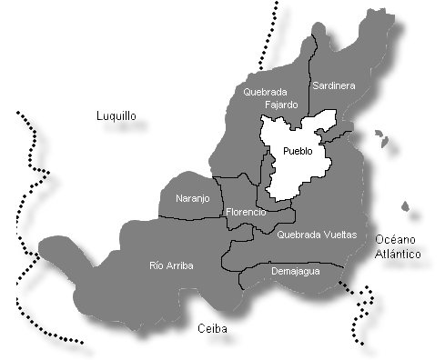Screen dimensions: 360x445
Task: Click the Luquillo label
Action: pyautogui.click(x=116, y=116)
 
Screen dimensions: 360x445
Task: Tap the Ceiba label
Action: pyautogui.click(x=211, y=329)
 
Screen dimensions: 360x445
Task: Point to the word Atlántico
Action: pyautogui.click(x=398, y=254)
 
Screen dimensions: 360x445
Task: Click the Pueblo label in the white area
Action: pyautogui.click(x=298, y=151)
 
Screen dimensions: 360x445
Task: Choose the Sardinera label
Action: pyautogui.click(x=333, y=85)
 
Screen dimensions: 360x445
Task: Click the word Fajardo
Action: pyautogui.click(x=280, y=105)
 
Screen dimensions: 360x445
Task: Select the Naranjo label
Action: pyautogui.click(x=192, y=198)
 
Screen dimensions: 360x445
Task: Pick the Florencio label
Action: pyautogui.click(x=246, y=212)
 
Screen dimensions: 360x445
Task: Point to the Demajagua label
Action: pyautogui.click(x=296, y=270)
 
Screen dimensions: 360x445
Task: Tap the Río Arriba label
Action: pyautogui.click(x=171, y=265)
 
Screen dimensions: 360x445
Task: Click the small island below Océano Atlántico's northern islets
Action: pyautogui.click(x=407, y=217)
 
